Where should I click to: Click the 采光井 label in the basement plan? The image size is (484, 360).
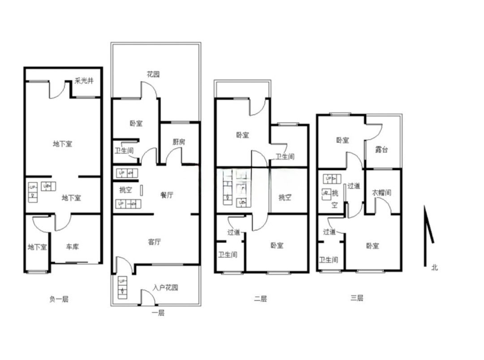click(x=84, y=81)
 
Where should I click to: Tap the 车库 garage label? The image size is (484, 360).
click(x=73, y=247)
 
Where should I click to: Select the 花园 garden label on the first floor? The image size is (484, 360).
click(x=153, y=74)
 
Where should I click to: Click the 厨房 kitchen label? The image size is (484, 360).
click(x=179, y=142)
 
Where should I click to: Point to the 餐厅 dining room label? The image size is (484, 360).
click(x=167, y=195)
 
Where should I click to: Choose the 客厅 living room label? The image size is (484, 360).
click(x=154, y=242)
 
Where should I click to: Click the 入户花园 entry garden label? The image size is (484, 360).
click(x=165, y=287)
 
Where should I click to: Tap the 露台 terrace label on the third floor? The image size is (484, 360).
click(x=381, y=150)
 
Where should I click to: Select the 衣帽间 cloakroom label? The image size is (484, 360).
click(x=381, y=193)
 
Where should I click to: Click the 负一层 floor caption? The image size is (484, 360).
click(x=59, y=299)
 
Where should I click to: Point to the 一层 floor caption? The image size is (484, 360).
click(x=158, y=313)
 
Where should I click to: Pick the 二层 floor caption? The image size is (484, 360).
click(x=260, y=299)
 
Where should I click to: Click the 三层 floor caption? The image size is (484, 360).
click(x=357, y=298)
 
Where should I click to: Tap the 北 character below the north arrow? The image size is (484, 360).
click(x=435, y=267)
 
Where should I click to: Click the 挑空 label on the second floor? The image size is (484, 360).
click(x=285, y=197)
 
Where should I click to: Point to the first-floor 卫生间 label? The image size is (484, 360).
click(x=124, y=150)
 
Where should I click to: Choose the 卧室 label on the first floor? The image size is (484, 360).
click(x=136, y=124)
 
